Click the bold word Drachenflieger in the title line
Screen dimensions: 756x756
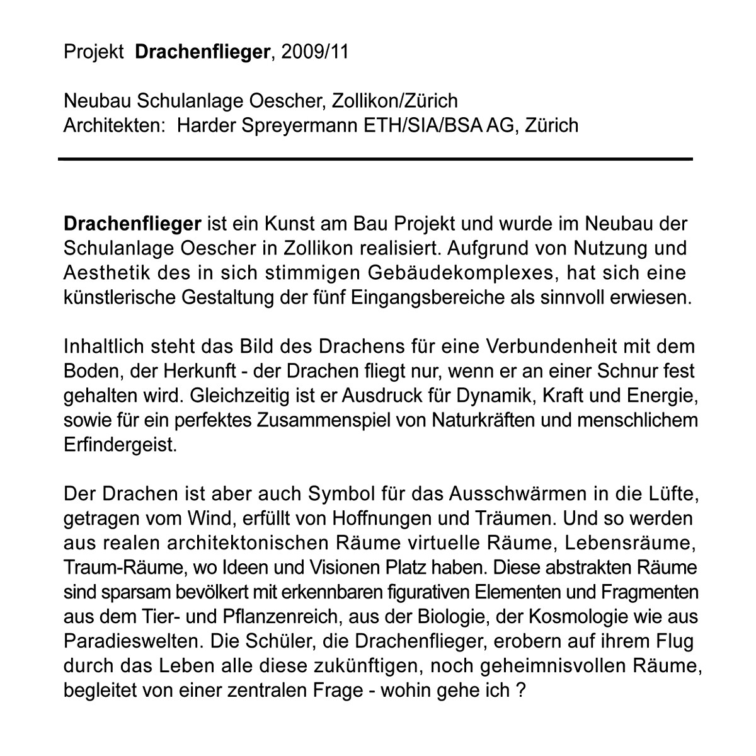[x=202, y=52]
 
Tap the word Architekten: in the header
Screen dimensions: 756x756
[x=114, y=125]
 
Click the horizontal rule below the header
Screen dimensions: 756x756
[x=375, y=159]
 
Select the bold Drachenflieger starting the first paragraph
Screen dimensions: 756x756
[x=132, y=224]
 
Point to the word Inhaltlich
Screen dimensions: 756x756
[x=102, y=346]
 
